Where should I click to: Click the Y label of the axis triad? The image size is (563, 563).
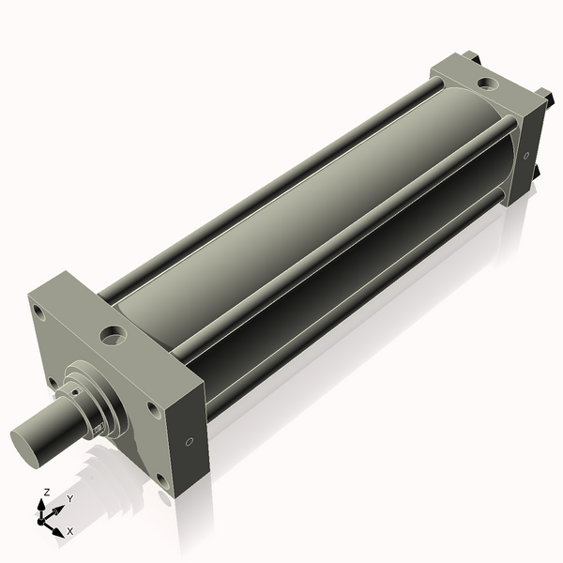[70, 499]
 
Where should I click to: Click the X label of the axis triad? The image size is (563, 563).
[69, 531]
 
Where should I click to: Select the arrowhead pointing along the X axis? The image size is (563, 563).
[59, 525]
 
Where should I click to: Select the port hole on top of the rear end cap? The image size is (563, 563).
[486, 83]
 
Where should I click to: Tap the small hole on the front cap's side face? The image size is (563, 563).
[190, 441]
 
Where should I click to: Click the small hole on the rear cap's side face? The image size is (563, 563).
[525, 155]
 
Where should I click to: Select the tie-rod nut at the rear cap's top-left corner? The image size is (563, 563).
[475, 58]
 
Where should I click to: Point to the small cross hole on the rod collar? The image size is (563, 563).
[95, 429]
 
